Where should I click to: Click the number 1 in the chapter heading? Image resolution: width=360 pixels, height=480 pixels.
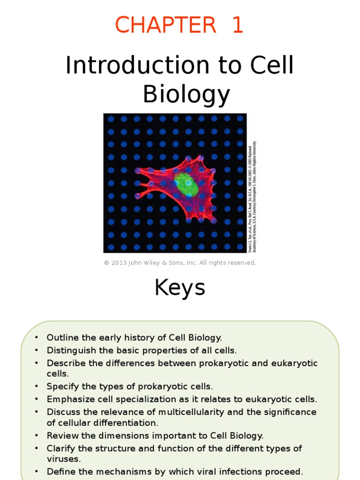[x=237, y=25]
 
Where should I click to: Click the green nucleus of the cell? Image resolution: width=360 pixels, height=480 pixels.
[x=186, y=184]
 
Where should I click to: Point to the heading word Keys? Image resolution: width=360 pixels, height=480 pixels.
[x=180, y=288]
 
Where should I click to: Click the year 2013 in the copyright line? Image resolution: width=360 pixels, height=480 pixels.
[x=118, y=263]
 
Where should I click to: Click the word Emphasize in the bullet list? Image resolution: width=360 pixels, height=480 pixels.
[x=67, y=399]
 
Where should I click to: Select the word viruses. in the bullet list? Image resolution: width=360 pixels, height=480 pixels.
[x=64, y=459]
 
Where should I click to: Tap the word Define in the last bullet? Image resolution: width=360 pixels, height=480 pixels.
[x=59, y=472]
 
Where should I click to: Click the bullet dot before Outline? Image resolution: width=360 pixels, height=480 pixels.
[x=36, y=338]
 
